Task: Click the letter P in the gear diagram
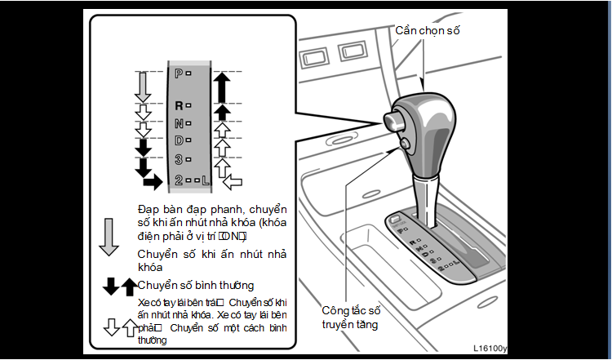tap(179, 73)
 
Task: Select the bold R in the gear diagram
tap(179, 105)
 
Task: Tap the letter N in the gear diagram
tap(179, 123)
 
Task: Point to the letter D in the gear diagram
tap(179, 140)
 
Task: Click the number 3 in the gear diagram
tap(179, 159)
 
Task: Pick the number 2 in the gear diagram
tap(179, 179)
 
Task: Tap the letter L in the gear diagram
tap(206, 179)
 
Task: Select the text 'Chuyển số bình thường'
tap(196, 285)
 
